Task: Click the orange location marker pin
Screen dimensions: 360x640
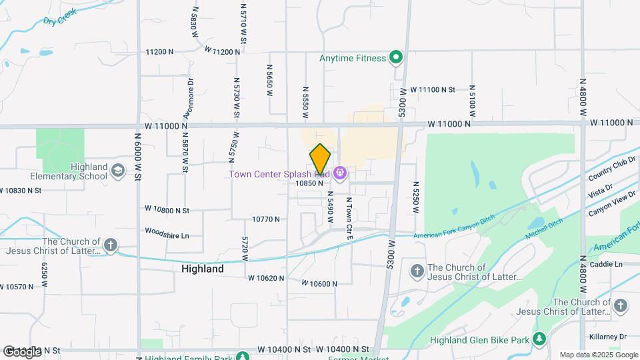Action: [321, 159]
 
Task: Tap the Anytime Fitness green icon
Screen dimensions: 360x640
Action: [396, 58]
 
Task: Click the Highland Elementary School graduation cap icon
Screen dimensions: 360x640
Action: [119, 171]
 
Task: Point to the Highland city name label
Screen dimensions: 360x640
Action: [203, 269]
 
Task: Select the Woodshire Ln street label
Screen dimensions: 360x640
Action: [167, 235]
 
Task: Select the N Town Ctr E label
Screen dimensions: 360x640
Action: [349, 218]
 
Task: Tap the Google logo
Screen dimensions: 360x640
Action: [21, 351]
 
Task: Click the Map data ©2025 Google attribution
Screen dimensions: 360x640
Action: [598, 355]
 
